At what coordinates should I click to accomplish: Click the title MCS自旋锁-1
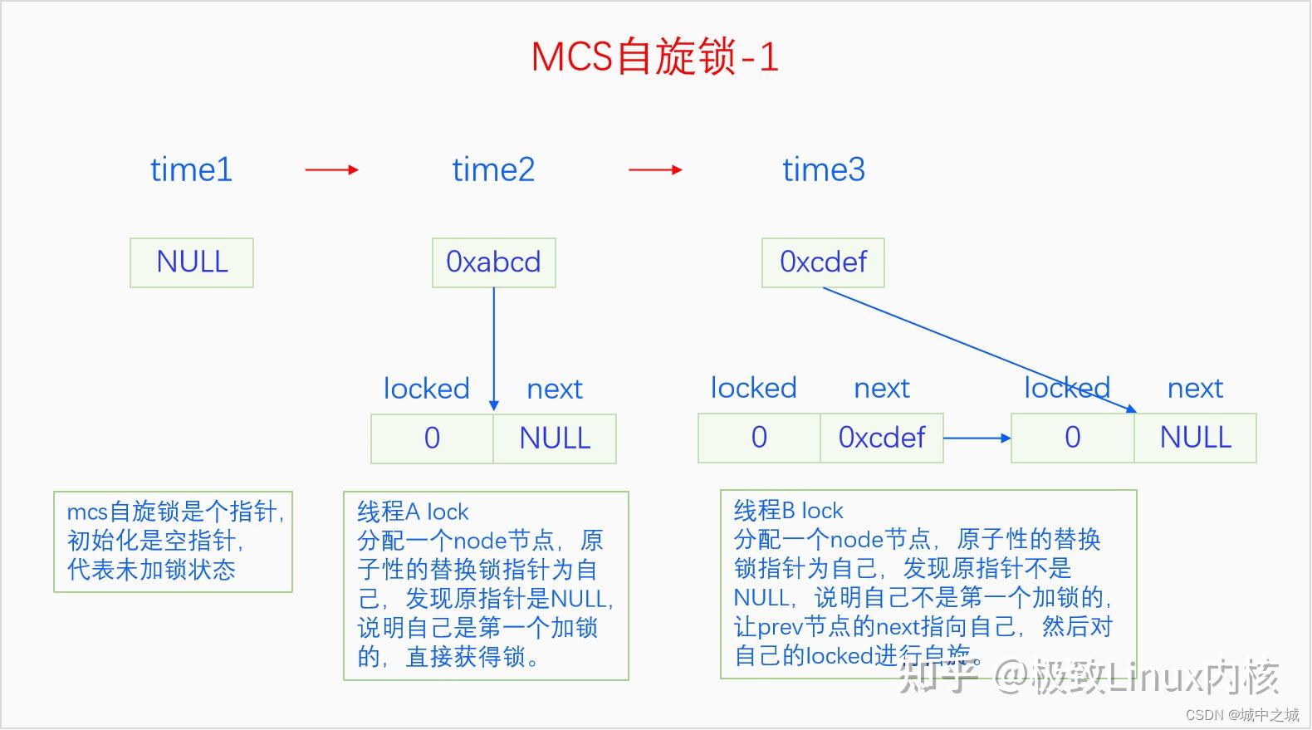(654, 57)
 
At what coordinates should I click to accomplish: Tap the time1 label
(191, 169)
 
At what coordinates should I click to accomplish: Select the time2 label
(493, 169)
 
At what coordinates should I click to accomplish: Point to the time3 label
(824, 169)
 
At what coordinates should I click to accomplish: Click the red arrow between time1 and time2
(331, 170)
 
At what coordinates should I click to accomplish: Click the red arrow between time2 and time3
(655, 170)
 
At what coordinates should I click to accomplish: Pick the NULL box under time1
(192, 262)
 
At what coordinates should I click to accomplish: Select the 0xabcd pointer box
(493, 262)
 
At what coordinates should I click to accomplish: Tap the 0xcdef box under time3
(823, 262)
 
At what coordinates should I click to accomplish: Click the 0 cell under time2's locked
(432, 438)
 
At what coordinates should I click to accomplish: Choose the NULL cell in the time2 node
(555, 438)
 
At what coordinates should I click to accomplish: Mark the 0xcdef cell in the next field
(881, 438)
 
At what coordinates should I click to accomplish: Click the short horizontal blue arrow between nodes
(977, 438)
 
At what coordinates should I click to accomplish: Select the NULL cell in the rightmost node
(1195, 438)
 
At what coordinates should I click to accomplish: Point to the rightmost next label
(1195, 388)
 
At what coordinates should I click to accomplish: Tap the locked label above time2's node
(426, 389)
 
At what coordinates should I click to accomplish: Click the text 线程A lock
(413, 512)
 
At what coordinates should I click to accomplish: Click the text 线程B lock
(788, 510)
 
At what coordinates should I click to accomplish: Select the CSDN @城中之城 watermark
(1242, 715)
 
